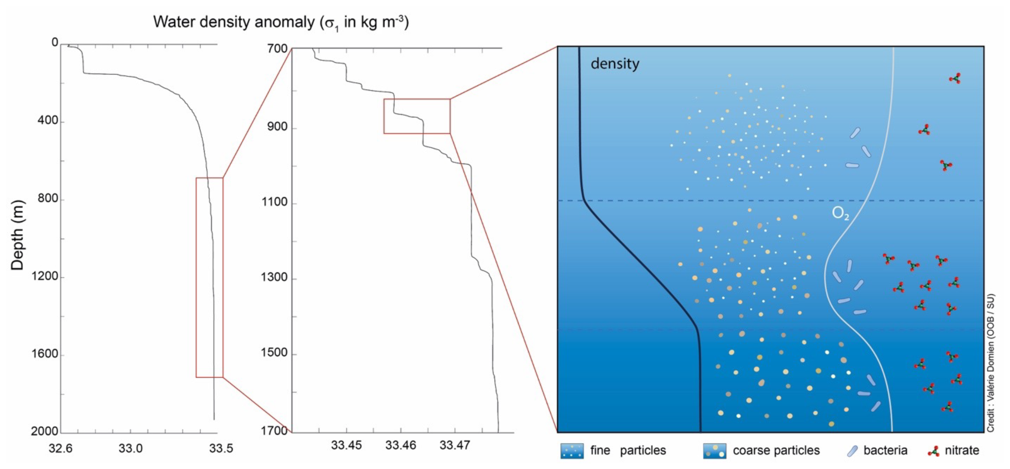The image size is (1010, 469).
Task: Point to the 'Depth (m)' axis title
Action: (x=18, y=236)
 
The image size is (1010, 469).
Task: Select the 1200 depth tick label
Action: (x=45, y=276)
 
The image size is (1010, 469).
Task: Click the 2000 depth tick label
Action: (x=45, y=431)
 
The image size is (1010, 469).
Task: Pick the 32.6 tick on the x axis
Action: (x=60, y=448)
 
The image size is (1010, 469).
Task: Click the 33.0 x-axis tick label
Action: (x=131, y=448)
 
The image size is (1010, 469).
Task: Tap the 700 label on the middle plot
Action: (x=277, y=49)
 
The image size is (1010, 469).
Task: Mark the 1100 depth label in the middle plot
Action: (x=275, y=202)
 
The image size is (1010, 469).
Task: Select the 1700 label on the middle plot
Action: (x=275, y=431)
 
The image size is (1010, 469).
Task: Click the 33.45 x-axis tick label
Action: (x=346, y=445)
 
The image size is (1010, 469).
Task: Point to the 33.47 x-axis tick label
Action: (x=454, y=445)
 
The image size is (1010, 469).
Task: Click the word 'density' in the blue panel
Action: (x=615, y=63)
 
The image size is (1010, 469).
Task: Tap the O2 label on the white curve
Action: (x=840, y=213)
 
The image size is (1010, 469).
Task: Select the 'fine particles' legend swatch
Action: (x=572, y=451)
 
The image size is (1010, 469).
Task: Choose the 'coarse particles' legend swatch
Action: (x=714, y=451)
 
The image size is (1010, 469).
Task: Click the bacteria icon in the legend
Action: (x=852, y=451)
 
